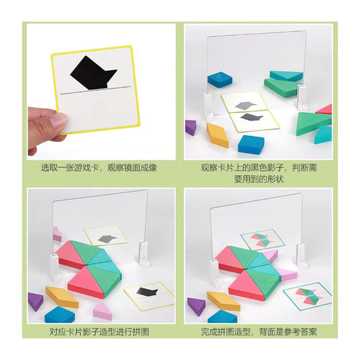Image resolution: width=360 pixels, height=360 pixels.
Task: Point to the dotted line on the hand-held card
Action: click(94, 91)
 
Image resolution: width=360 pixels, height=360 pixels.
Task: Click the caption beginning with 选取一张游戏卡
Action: click(99, 166)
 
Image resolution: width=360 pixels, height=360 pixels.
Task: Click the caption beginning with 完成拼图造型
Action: click(259, 332)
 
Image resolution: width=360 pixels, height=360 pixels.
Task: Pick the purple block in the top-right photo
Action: click(190, 127)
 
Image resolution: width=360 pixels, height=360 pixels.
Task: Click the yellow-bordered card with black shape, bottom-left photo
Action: click(149, 292)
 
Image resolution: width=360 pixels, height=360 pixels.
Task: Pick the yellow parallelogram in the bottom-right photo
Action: click(224, 300)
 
